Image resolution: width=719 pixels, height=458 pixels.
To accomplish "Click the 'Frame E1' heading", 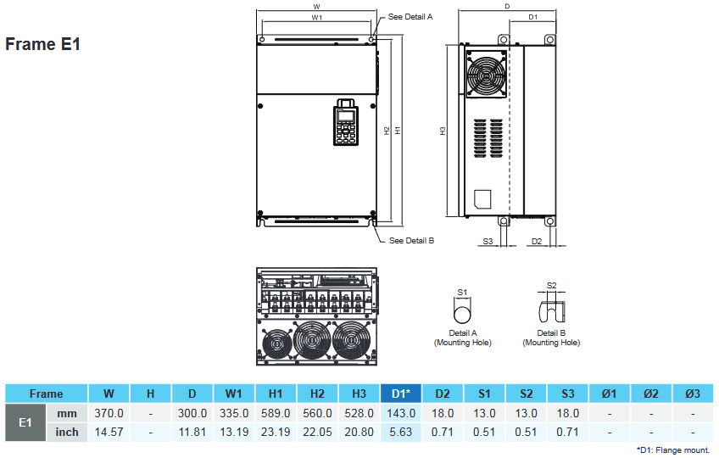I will pyautogui.click(x=42, y=44).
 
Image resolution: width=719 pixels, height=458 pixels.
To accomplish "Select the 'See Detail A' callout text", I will pyautogui.click(x=410, y=16).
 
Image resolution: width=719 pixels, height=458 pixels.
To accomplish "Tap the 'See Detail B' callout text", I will pyautogui.click(x=411, y=241).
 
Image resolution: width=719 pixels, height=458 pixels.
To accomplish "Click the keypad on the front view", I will pyautogui.click(x=345, y=124).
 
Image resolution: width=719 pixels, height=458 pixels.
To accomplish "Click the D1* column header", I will pyautogui.click(x=402, y=394).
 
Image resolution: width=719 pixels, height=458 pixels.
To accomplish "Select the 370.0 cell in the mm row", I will pyautogui.click(x=109, y=413).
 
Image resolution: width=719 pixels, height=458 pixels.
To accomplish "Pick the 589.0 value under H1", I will pyautogui.click(x=276, y=413).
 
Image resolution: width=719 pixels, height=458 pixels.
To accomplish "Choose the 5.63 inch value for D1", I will pyautogui.click(x=402, y=432).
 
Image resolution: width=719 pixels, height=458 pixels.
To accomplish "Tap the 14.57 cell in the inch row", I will pyautogui.click(x=109, y=432).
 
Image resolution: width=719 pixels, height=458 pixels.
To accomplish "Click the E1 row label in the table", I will pyautogui.click(x=25, y=422).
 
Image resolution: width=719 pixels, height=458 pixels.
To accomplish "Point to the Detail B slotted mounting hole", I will pyautogui.click(x=551, y=310).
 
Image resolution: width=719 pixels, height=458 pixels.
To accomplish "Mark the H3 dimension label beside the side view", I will pyautogui.click(x=443, y=131).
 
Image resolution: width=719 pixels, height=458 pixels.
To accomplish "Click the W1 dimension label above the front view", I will pyautogui.click(x=316, y=17).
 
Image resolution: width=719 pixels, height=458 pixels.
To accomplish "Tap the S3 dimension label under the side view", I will pyautogui.click(x=488, y=242).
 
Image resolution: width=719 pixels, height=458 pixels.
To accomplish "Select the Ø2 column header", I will pyautogui.click(x=651, y=394).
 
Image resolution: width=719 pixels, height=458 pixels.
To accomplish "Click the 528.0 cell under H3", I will pyautogui.click(x=359, y=413).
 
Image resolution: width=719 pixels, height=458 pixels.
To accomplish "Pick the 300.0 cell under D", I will pyautogui.click(x=192, y=413).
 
